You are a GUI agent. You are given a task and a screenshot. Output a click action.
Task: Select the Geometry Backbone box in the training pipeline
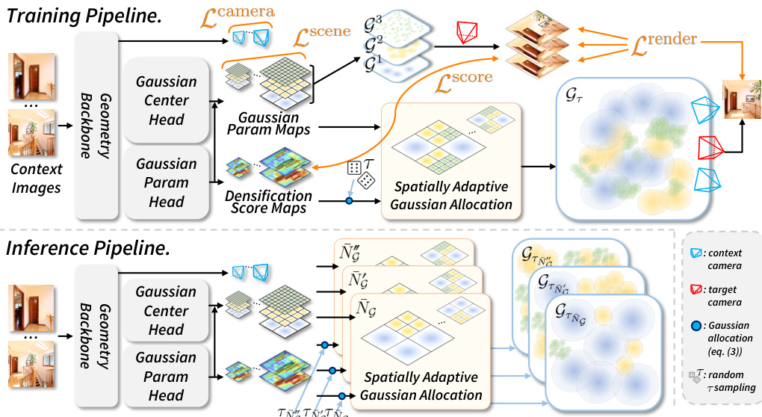97,123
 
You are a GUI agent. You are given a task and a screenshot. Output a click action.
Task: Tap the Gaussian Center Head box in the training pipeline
166,100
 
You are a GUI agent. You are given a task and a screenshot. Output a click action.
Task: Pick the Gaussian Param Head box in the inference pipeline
166,376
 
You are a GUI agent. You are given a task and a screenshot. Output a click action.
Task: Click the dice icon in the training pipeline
361,174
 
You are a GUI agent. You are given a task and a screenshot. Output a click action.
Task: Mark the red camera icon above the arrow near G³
468,31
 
